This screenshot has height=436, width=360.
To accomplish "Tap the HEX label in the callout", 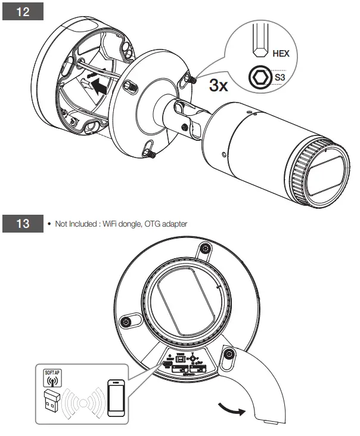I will click(281, 53).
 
